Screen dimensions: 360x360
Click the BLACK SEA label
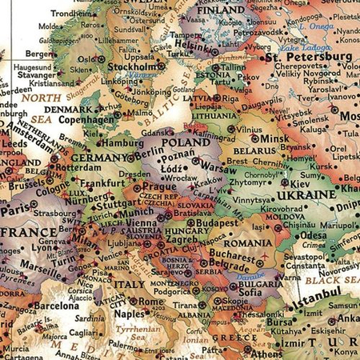[x=334, y=281]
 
